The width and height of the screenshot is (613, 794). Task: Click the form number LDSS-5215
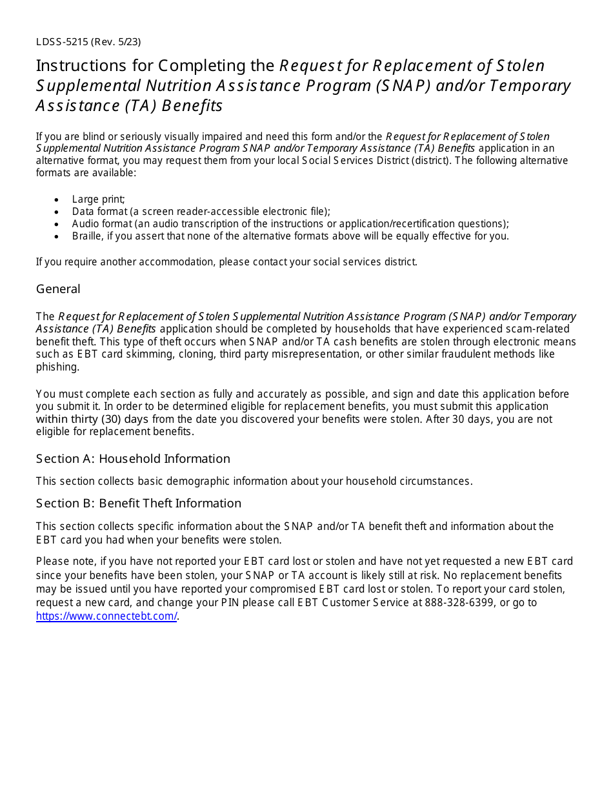tap(62, 42)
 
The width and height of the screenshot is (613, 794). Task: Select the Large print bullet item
tap(99, 199)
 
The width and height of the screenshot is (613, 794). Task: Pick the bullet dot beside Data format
tap(58, 212)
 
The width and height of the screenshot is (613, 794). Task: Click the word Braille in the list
tap(87, 236)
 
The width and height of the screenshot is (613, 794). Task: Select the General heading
tap(58, 289)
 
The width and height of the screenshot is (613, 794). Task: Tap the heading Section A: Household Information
tap(133, 459)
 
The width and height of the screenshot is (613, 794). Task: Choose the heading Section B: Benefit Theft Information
tap(139, 504)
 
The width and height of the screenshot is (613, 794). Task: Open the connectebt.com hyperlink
tap(106, 616)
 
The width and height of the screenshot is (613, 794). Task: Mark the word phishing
tap(57, 367)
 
